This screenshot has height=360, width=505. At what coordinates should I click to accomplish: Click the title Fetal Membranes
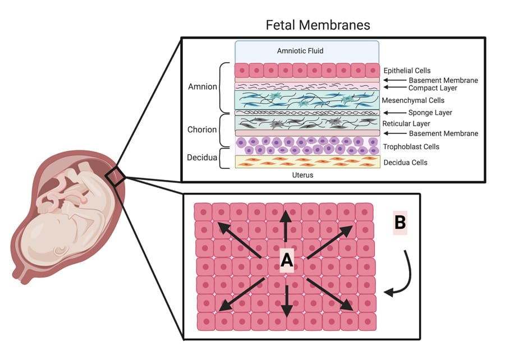point(318,25)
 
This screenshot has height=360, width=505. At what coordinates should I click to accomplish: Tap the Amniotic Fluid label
point(300,51)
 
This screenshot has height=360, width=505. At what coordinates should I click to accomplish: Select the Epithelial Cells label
point(407,71)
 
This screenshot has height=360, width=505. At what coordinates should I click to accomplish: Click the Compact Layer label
point(433,88)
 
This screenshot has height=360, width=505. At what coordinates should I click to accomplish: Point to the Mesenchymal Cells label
point(413,101)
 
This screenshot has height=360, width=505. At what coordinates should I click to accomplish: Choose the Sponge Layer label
point(430,113)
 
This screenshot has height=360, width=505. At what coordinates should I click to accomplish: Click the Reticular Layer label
point(406,123)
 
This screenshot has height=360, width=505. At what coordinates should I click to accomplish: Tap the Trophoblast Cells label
point(411,147)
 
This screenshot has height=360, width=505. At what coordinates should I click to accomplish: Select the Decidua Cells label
point(405,163)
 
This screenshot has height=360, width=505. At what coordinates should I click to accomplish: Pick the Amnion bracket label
point(201,87)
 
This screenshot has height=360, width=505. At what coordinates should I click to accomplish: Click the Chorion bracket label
point(201,130)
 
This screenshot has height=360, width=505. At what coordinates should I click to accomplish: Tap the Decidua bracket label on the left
point(201,158)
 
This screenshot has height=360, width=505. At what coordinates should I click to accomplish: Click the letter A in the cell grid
point(287,260)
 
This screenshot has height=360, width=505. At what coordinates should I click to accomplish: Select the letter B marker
point(400,223)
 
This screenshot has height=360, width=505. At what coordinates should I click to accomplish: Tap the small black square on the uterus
point(118,177)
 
